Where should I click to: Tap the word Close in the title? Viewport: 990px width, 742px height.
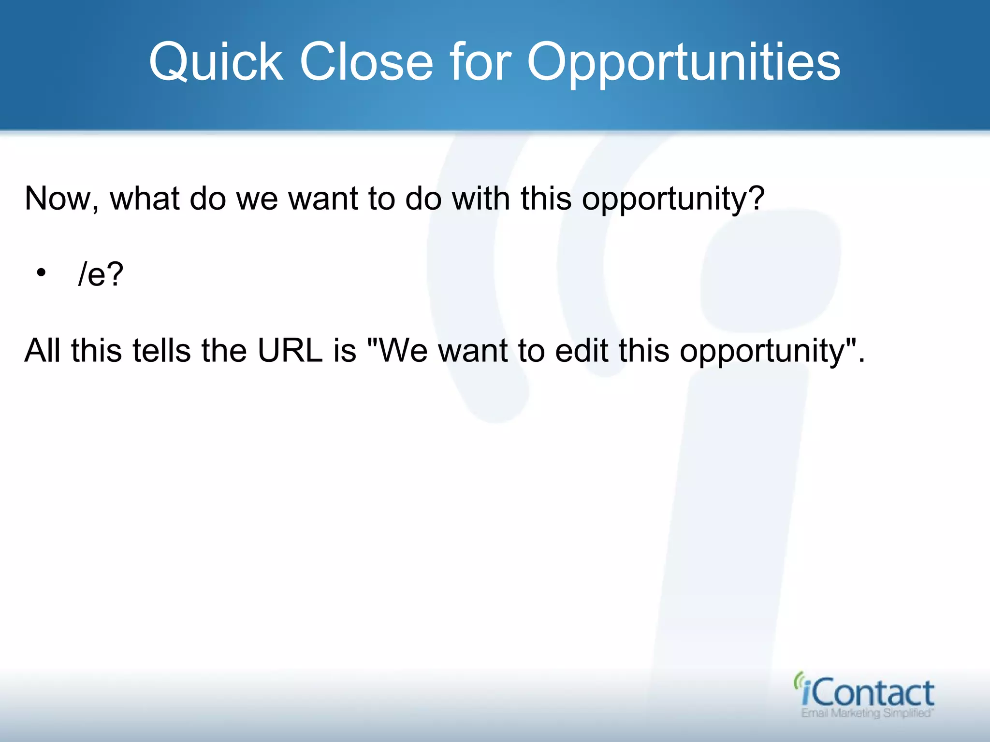[x=366, y=62]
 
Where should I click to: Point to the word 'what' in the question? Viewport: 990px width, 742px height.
[x=145, y=199]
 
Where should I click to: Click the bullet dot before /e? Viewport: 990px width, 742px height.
[x=41, y=273]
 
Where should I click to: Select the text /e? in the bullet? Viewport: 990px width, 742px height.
[x=101, y=274]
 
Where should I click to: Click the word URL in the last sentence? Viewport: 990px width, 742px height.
[x=290, y=350]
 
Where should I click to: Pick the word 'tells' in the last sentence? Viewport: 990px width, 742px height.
[x=161, y=350]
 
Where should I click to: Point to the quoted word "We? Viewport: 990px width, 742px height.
[x=397, y=350]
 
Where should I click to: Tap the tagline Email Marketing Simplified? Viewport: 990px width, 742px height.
[x=867, y=713]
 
